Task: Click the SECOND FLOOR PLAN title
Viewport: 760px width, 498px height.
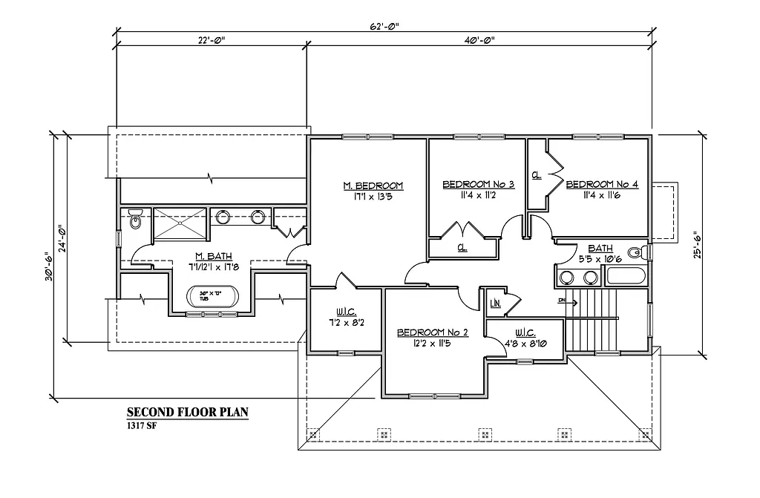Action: (x=186, y=413)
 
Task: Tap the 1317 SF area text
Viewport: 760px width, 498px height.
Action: (x=141, y=426)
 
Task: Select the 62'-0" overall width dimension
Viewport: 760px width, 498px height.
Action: (x=384, y=26)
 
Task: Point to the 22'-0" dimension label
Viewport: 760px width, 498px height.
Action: (x=212, y=40)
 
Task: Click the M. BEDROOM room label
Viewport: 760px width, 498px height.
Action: (x=373, y=186)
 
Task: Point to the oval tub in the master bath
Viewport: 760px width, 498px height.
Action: (x=215, y=297)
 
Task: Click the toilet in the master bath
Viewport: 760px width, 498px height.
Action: (x=135, y=220)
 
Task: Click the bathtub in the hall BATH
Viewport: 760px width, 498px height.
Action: (x=627, y=278)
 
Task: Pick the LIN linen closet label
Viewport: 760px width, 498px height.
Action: (x=495, y=303)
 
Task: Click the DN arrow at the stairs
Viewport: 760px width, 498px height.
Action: (x=563, y=301)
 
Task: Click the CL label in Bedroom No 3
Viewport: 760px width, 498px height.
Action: (x=461, y=248)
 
